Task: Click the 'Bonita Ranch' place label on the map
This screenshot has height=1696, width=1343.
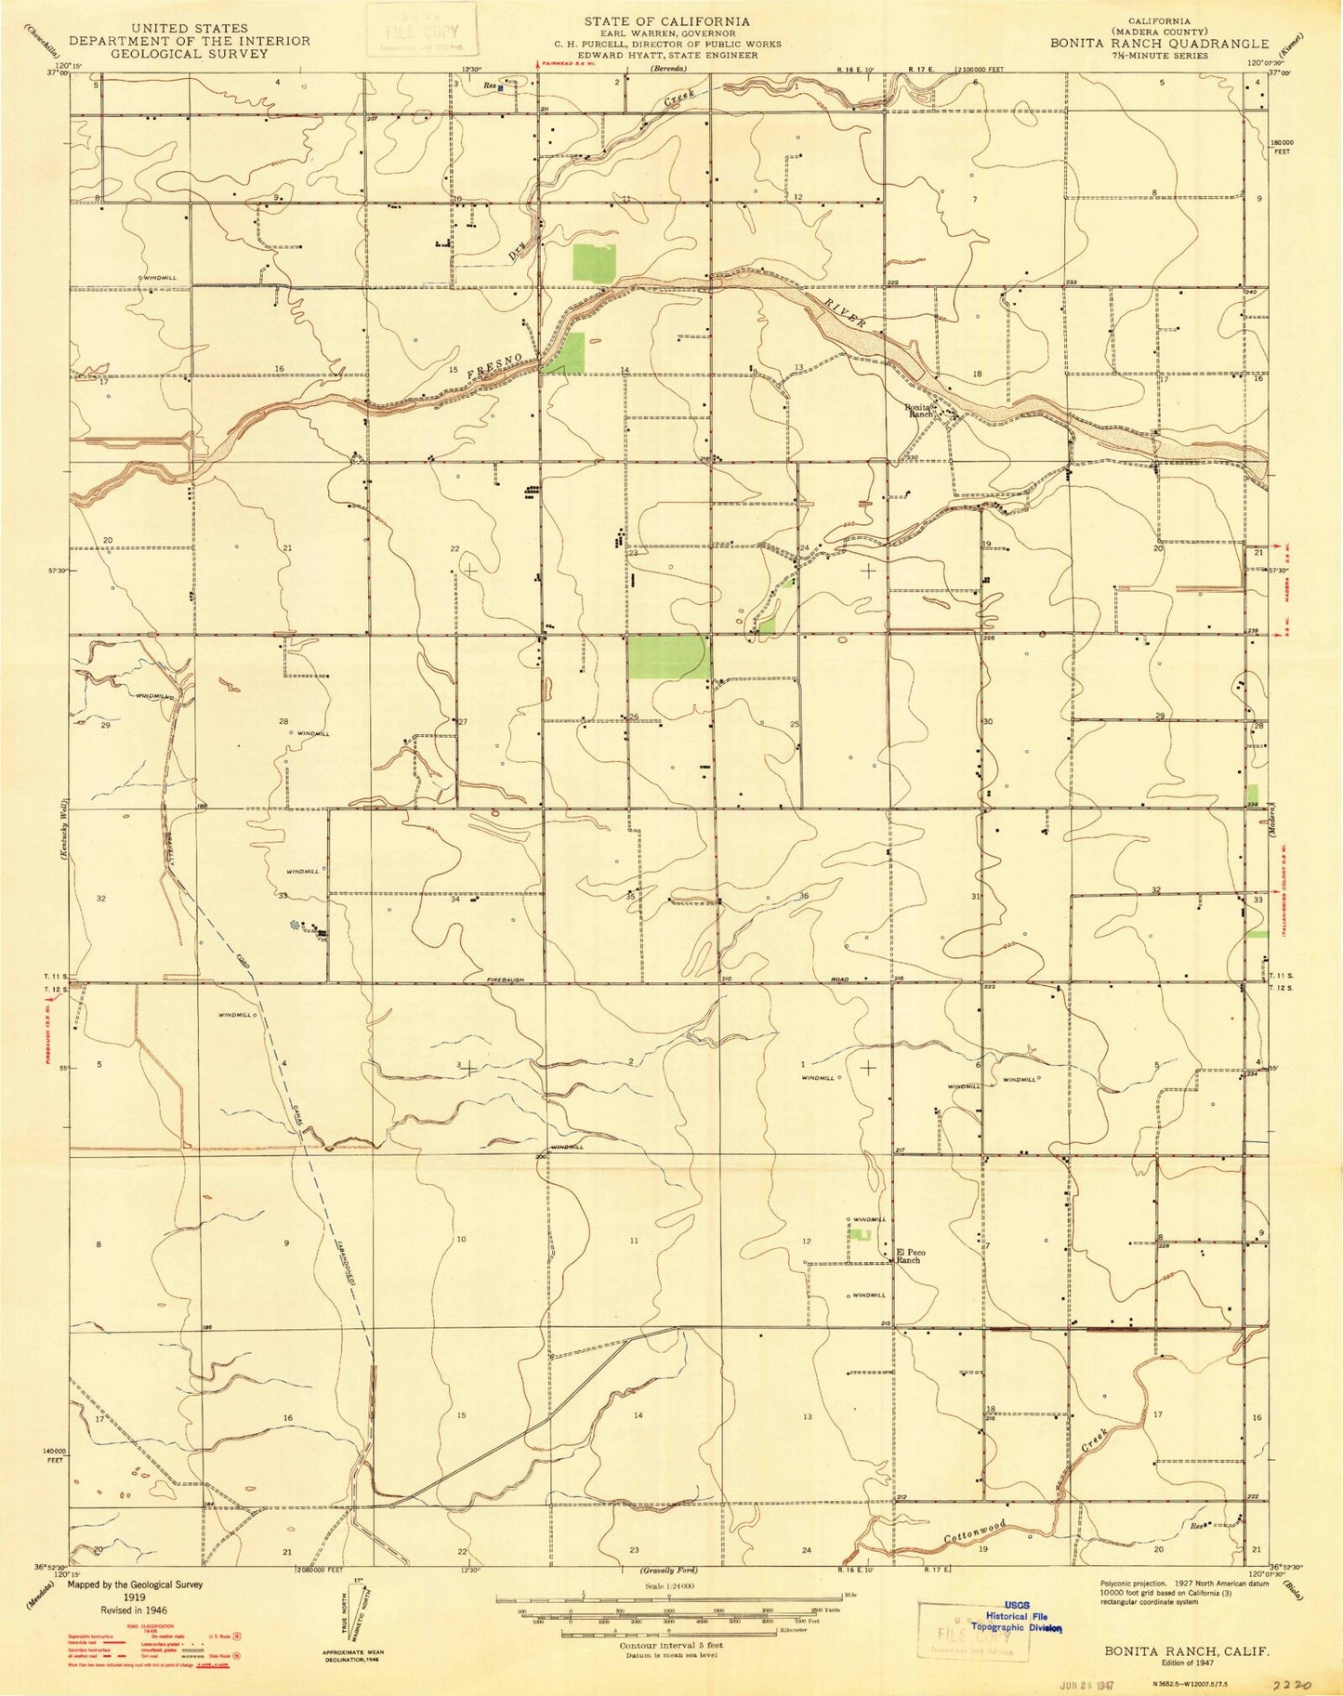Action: point(919,410)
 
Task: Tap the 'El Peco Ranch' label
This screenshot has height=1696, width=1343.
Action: point(909,1256)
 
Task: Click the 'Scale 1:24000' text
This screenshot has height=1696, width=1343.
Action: point(667,1586)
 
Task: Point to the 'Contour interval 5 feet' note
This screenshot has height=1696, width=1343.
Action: point(667,1644)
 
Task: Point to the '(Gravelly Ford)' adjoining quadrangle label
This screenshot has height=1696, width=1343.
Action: point(667,1569)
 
